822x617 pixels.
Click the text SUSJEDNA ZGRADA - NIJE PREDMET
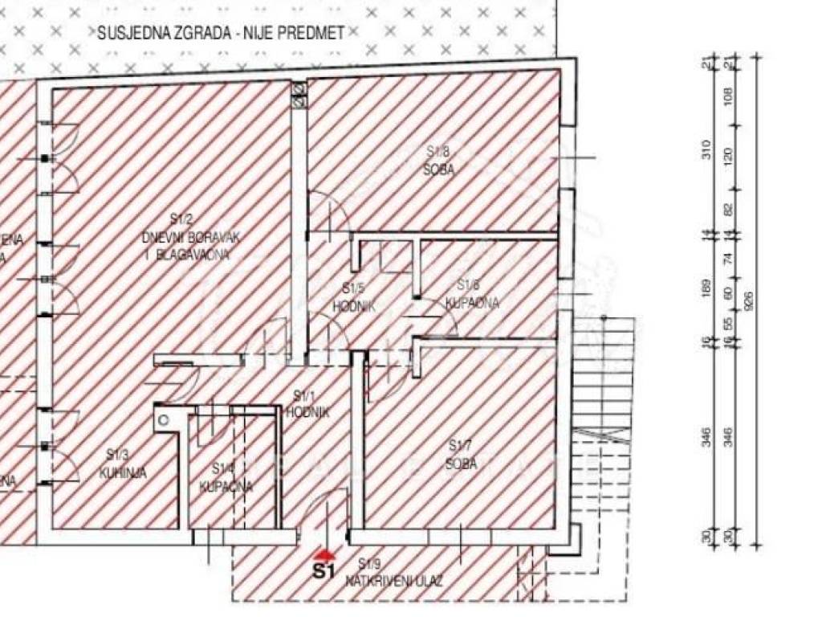click(x=221, y=33)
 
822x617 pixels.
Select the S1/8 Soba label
click(x=440, y=160)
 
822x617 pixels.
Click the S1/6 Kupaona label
click(x=472, y=294)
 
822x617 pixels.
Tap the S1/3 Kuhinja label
click(x=122, y=465)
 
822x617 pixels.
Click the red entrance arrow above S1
click(x=324, y=554)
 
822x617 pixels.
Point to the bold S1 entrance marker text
click(x=323, y=572)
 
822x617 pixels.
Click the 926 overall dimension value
click(x=750, y=301)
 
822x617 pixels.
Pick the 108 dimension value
click(x=729, y=96)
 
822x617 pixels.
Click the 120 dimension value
click(x=729, y=154)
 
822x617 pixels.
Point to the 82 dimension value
click(x=729, y=209)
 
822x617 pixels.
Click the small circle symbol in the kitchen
click(x=164, y=419)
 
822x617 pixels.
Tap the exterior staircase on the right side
click(x=606, y=378)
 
